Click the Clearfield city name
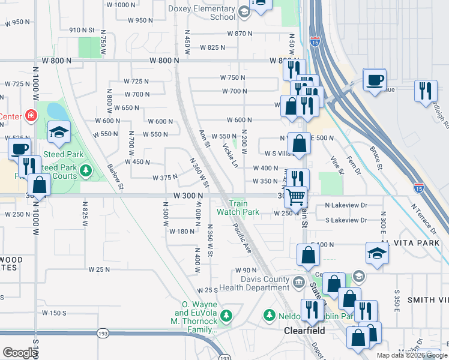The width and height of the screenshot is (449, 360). tap(304, 331)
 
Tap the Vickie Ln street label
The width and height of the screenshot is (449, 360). tap(229, 155)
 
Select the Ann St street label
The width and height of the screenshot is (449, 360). tap(204, 139)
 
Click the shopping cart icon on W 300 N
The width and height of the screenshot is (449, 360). tap(295, 196)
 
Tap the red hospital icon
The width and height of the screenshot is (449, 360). tap(30, 115)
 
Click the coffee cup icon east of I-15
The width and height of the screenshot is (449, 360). tap(375, 79)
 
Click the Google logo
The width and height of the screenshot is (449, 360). tap(19, 353)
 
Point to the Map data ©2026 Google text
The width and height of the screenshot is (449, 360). tap(412, 355)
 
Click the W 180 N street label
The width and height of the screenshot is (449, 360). tap(181, 232)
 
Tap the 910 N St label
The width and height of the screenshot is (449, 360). tap(82, 30)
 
